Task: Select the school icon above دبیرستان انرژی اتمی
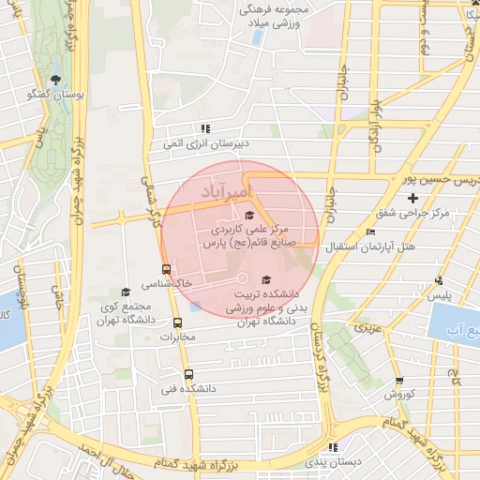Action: pyautogui.click(x=204, y=128)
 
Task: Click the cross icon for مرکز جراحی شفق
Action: pyautogui.click(x=413, y=198)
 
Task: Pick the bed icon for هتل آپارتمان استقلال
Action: pyautogui.click(x=371, y=232)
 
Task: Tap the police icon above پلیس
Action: pyautogui.click(x=439, y=279)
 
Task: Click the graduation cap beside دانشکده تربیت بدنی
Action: pyautogui.click(x=265, y=279)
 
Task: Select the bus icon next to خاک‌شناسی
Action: pyautogui.click(x=167, y=270)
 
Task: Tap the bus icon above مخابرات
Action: pyautogui.click(x=178, y=322)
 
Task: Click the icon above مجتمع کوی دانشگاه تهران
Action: pyautogui.click(x=126, y=292)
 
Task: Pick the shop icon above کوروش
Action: pyautogui.click(x=399, y=381)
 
